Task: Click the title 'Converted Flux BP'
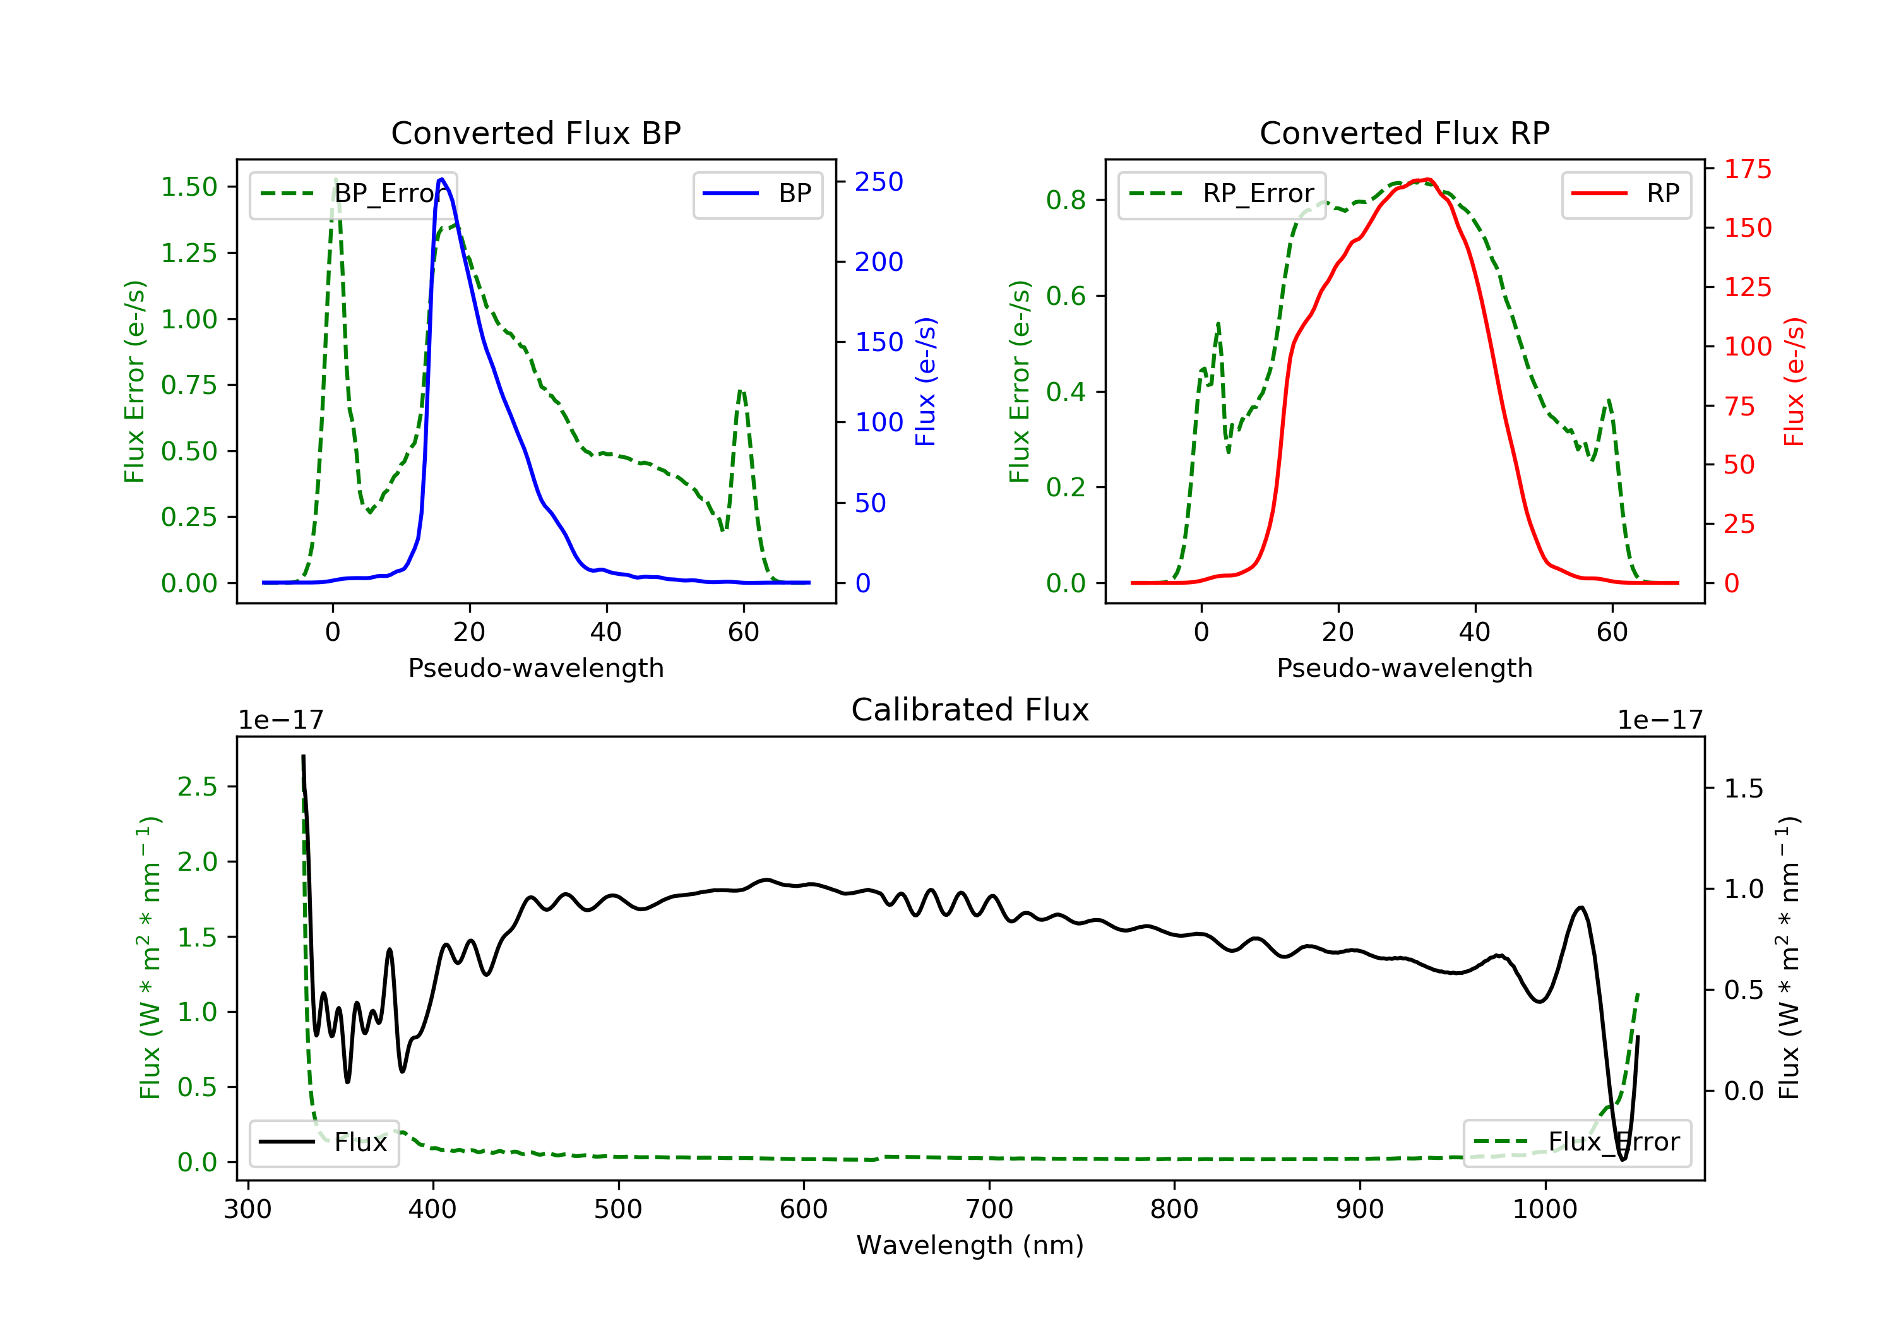coord(535,133)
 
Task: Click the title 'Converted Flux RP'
coord(1404,133)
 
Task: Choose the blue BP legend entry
coord(757,194)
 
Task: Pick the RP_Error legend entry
coord(1221,194)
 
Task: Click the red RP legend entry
coord(1625,194)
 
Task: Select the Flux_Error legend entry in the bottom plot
coord(1576,1142)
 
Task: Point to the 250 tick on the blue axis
coord(879,181)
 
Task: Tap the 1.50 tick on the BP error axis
coord(189,188)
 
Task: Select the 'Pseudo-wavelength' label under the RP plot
coord(1404,667)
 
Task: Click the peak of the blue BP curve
coord(442,179)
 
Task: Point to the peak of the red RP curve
coord(1427,179)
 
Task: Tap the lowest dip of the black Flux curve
coord(1623,1159)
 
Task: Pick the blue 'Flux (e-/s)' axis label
coord(926,382)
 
